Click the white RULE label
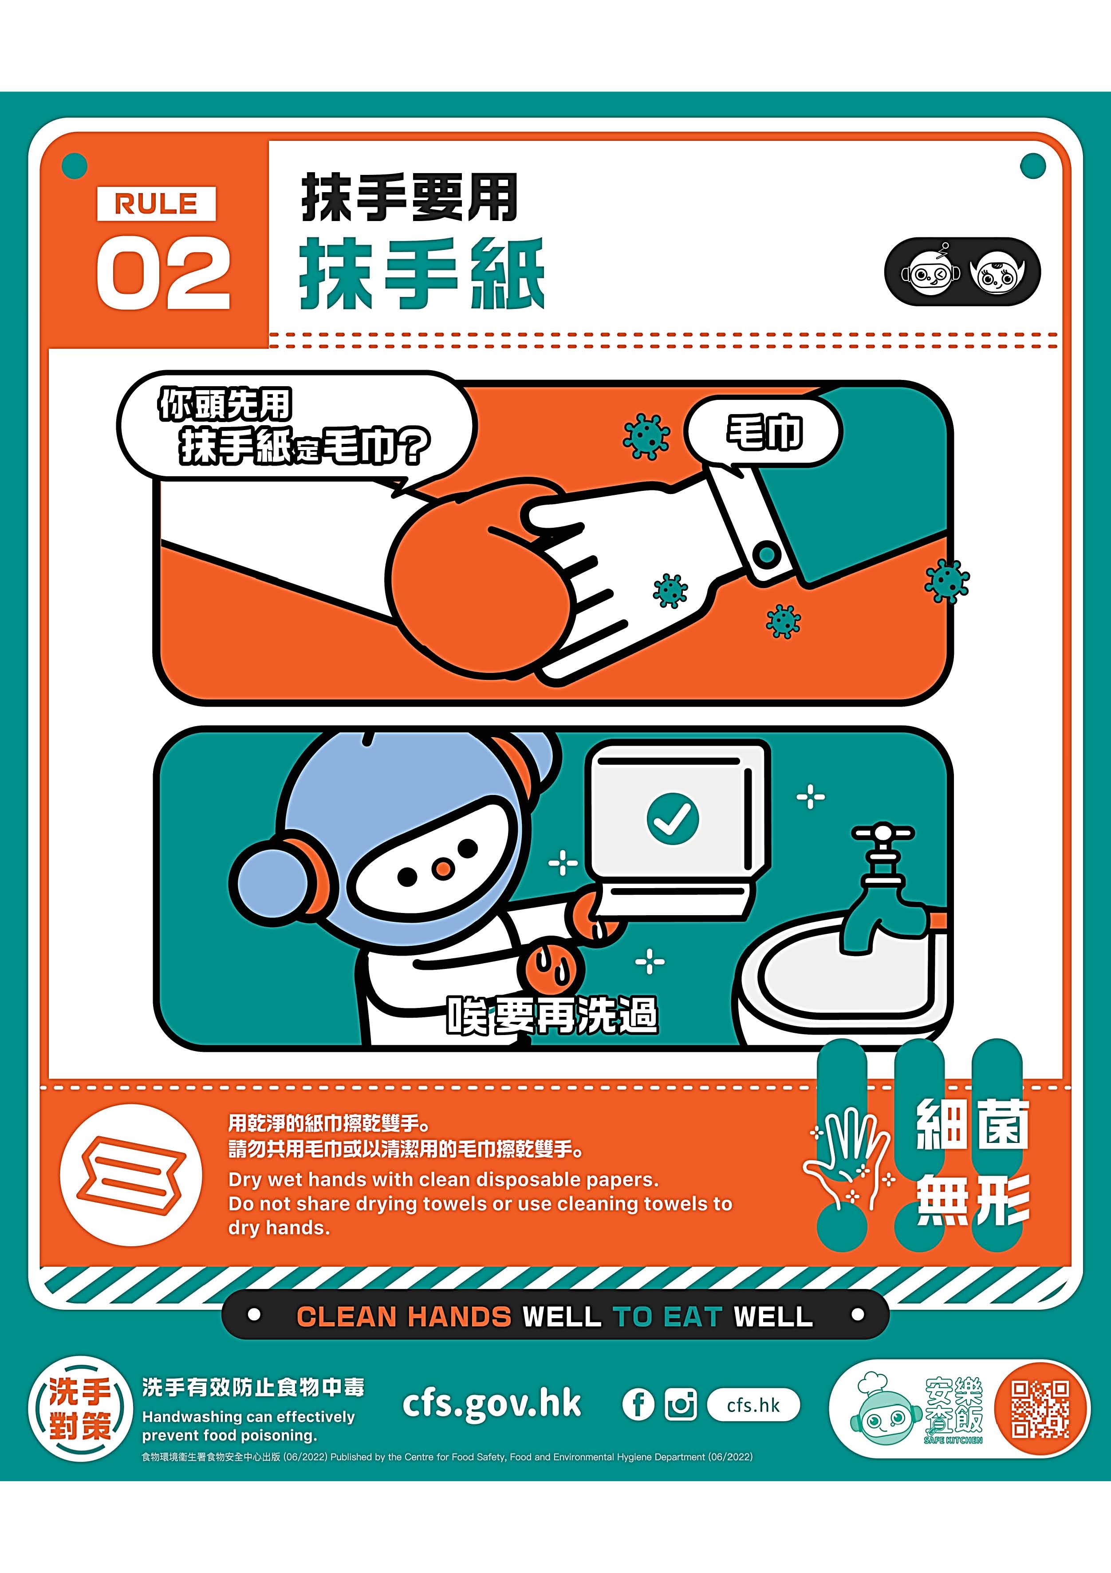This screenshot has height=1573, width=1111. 156,203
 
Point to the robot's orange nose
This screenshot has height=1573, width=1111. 443,869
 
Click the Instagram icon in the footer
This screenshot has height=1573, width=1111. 681,1405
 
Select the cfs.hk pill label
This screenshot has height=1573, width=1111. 753,1405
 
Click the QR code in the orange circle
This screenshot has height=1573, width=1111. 1040,1409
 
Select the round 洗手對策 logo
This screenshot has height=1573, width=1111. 79,1409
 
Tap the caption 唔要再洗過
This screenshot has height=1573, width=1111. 552,1015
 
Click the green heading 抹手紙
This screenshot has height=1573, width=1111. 422,273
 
